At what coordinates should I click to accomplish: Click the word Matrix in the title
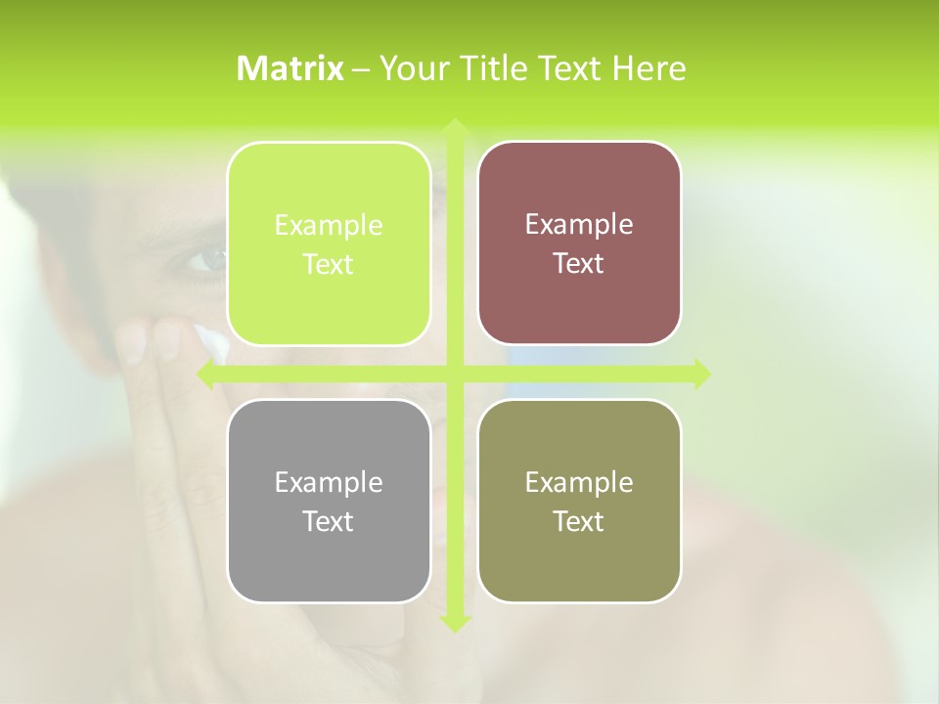(291, 68)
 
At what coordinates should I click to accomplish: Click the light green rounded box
(329, 243)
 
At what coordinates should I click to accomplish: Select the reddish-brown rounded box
(579, 243)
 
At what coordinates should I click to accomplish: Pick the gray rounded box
(329, 501)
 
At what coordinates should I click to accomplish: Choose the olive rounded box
(579, 501)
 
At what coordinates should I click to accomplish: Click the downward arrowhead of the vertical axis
(454, 623)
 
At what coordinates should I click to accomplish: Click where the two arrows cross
(454, 374)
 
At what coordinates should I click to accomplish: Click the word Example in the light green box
(329, 226)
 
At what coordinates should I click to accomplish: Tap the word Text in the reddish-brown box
(579, 264)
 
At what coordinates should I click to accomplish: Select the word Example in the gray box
(329, 482)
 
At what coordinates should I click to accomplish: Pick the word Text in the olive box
(579, 521)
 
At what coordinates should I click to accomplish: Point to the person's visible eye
(204, 259)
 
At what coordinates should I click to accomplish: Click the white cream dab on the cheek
(212, 341)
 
